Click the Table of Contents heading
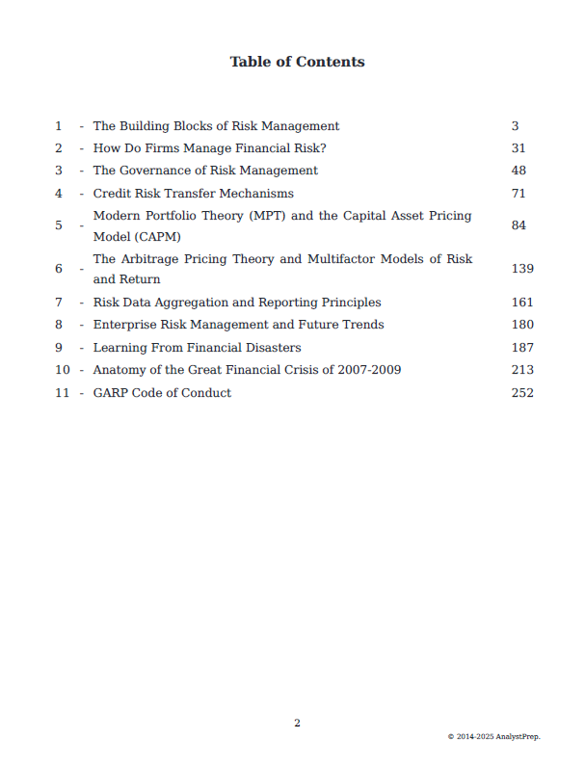(297, 62)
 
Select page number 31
(519, 148)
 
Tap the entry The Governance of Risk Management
(205, 171)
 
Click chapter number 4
(59, 194)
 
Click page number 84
(519, 225)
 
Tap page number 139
(522, 269)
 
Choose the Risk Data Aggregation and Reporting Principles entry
(237, 303)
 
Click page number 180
(522, 325)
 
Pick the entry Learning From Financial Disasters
(197, 348)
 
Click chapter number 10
(63, 370)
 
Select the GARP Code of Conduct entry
(162, 393)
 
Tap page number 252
(522, 393)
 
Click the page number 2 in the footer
(297, 724)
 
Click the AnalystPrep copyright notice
(493, 737)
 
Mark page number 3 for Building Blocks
(516, 126)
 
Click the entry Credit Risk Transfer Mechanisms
(193, 194)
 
